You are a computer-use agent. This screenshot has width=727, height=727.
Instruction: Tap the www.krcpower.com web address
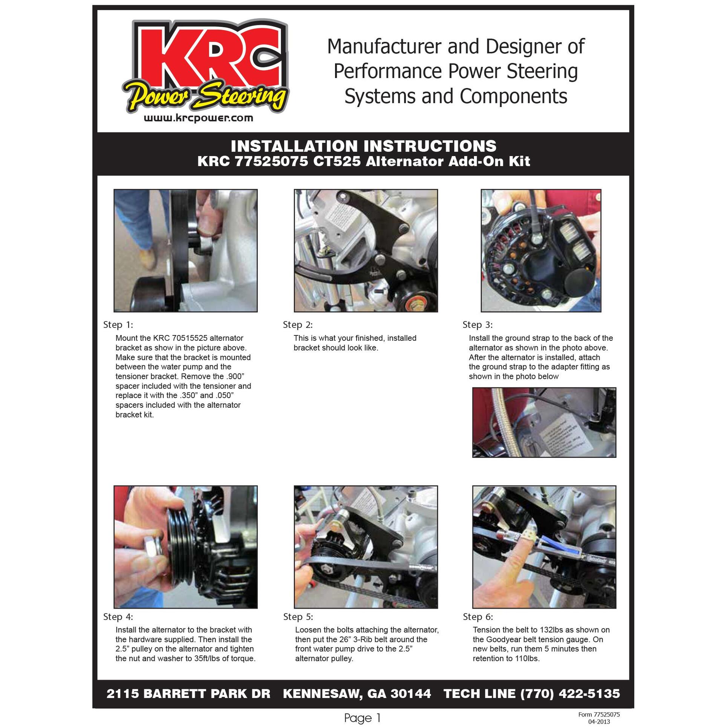pos(199,118)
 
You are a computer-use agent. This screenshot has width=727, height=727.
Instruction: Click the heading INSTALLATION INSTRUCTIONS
pos(363,146)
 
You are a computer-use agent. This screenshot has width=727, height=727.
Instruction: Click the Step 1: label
pos(118,325)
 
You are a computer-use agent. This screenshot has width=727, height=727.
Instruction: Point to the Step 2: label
pos(298,325)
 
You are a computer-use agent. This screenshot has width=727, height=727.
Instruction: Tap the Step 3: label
pos(478,325)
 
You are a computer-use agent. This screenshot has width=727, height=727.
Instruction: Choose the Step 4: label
pos(118,617)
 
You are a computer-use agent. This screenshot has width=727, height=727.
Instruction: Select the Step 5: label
pos(298,617)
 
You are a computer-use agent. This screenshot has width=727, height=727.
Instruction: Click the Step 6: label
pos(478,617)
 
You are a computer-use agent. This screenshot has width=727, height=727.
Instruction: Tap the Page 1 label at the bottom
pos(363,718)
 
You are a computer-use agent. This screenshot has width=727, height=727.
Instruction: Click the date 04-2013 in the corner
pos(599,722)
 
